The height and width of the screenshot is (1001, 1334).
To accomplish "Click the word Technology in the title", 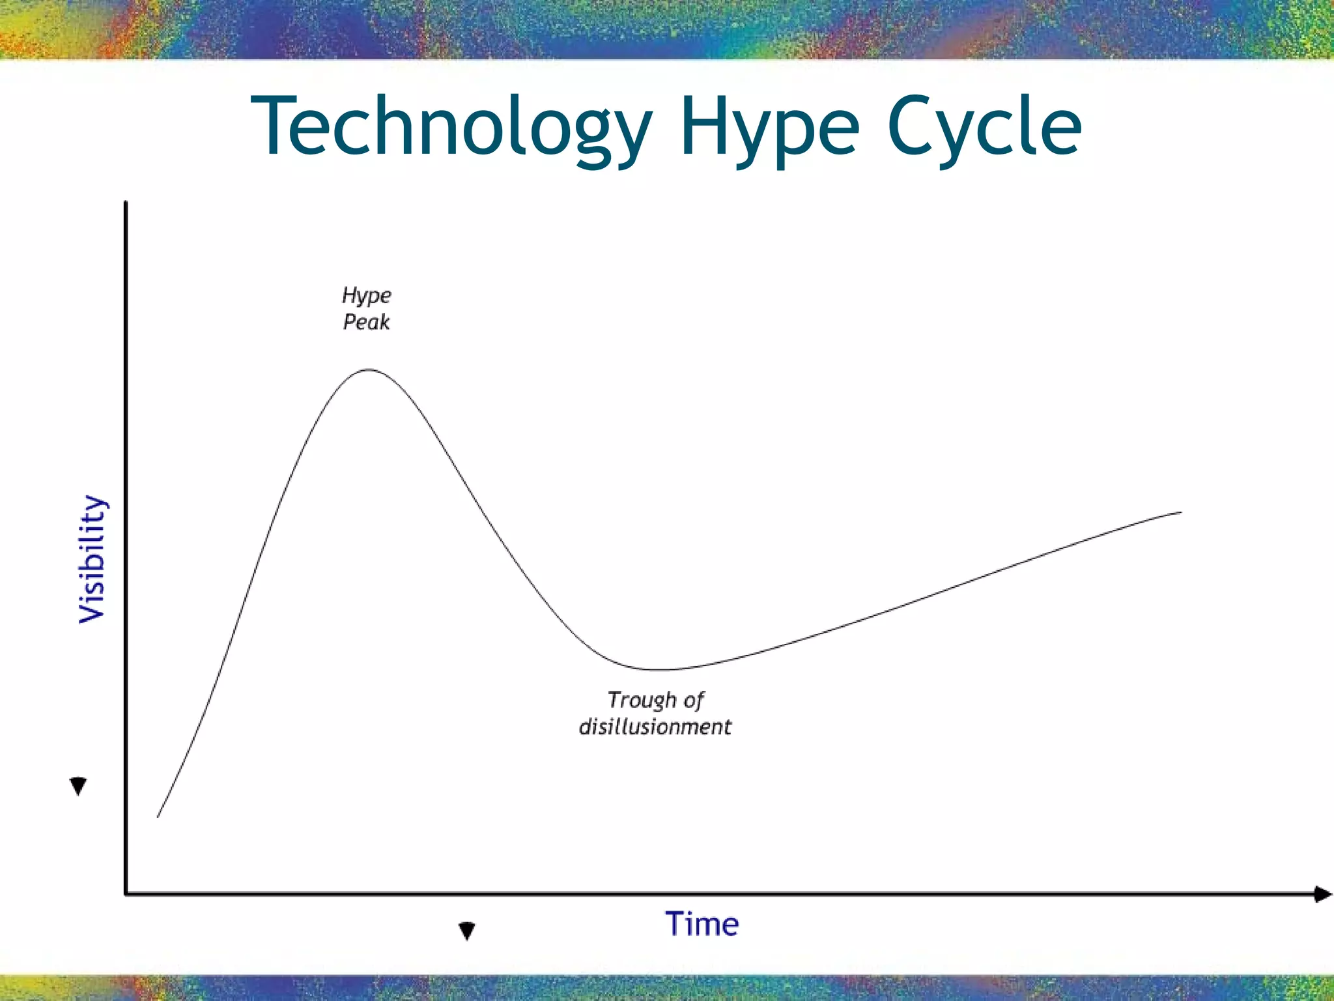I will pyautogui.click(x=449, y=127).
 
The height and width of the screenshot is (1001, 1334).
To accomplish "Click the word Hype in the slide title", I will pyautogui.click(x=769, y=127).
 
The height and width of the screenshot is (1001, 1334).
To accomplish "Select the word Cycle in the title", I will pyautogui.click(x=984, y=127).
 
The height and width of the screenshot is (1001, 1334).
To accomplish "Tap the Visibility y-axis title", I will pyautogui.click(x=92, y=559).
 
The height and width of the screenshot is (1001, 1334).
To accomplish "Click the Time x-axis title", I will pyautogui.click(x=702, y=924).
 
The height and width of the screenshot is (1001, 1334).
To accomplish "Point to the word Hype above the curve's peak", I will pyautogui.click(x=367, y=296).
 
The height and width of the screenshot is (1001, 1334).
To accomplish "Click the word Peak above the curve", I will pyautogui.click(x=366, y=322).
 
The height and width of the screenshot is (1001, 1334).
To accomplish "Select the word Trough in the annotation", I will pyautogui.click(x=642, y=700).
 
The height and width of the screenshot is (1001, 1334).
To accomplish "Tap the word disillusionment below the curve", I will pyautogui.click(x=655, y=727).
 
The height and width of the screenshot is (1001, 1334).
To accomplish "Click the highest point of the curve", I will pyautogui.click(x=369, y=370).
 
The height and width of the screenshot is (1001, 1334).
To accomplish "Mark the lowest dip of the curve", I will pyautogui.click(x=661, y=669).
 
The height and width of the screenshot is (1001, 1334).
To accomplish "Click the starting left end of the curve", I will pyautogui.click(x=158, y=816).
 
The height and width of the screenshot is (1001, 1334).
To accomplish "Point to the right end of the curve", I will pyautogui.click(x=1180, y=513).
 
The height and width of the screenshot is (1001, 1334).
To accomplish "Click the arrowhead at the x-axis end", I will pyautogui.click(x=1322, y=894).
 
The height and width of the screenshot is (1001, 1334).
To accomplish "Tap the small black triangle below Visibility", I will pyautogui.click(x=78, y=786).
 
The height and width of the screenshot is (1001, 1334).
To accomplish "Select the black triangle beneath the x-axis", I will pyautogui.click(x=466, y=931).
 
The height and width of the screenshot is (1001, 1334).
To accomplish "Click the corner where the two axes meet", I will pyautogui.click(x=126, y=893).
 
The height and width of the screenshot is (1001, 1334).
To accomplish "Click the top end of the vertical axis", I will pyautogui.click(x=126, y=203).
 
